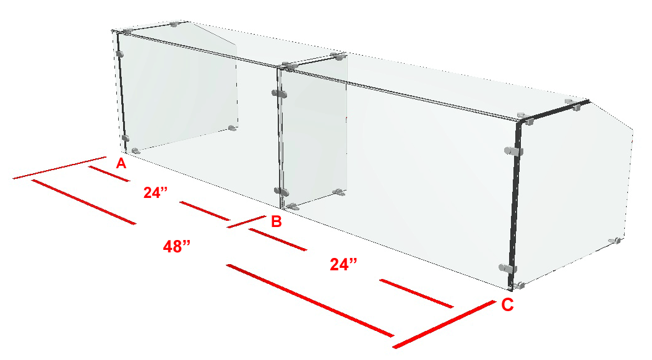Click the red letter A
coord(121,163)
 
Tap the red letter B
coord(276,221)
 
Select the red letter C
coord(507,305)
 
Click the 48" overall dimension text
coord(177,247)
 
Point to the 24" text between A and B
coord(155,192)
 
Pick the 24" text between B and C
coord(343,264)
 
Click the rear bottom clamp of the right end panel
coord(615,241)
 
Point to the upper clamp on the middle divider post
coord(280,94)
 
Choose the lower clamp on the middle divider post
coord(281,192)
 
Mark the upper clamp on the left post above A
coord(120,54)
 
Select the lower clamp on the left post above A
coord(125,139)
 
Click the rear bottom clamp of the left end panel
coord(232,128)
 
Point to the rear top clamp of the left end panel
coord(174,25)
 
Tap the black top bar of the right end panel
coord(554,111)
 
